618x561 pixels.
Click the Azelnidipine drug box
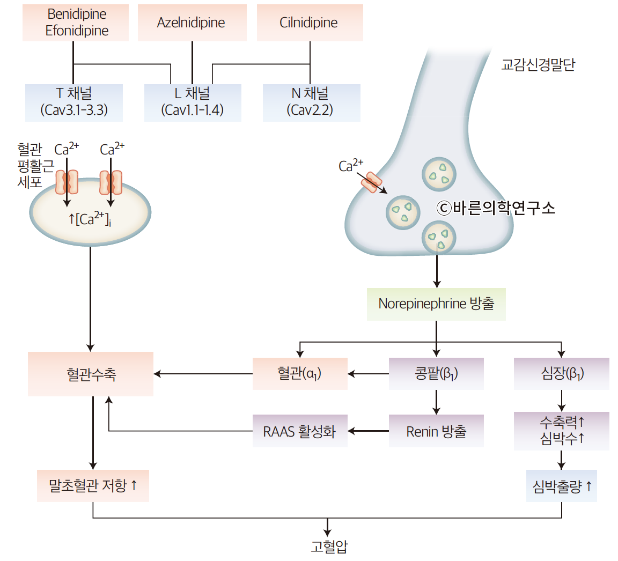pos(192,23)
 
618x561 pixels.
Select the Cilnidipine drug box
pos(309,23)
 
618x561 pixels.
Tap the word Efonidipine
pos(76,31)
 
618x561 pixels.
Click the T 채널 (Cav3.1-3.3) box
pos(74,102)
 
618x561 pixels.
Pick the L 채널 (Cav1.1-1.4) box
pos(193,102)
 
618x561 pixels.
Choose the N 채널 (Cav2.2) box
pos(311,102)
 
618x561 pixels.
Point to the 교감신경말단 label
pos(538,65)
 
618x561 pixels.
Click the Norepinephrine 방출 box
pos(436,304)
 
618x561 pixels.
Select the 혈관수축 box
pos(91,374)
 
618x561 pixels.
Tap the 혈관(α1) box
pos(300,373)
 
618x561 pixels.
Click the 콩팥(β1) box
pos(436,373)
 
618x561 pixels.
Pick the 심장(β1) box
pos(561,373)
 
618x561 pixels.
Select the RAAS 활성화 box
pos(300,431)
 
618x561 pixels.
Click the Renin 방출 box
pos(436,431)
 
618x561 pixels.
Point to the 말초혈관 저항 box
pos(93,486)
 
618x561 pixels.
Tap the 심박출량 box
pos(561,486)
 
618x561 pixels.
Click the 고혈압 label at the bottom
pos(328,547)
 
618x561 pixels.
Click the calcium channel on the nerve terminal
pos(371,182)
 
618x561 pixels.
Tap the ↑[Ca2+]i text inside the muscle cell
pos(90,219)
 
